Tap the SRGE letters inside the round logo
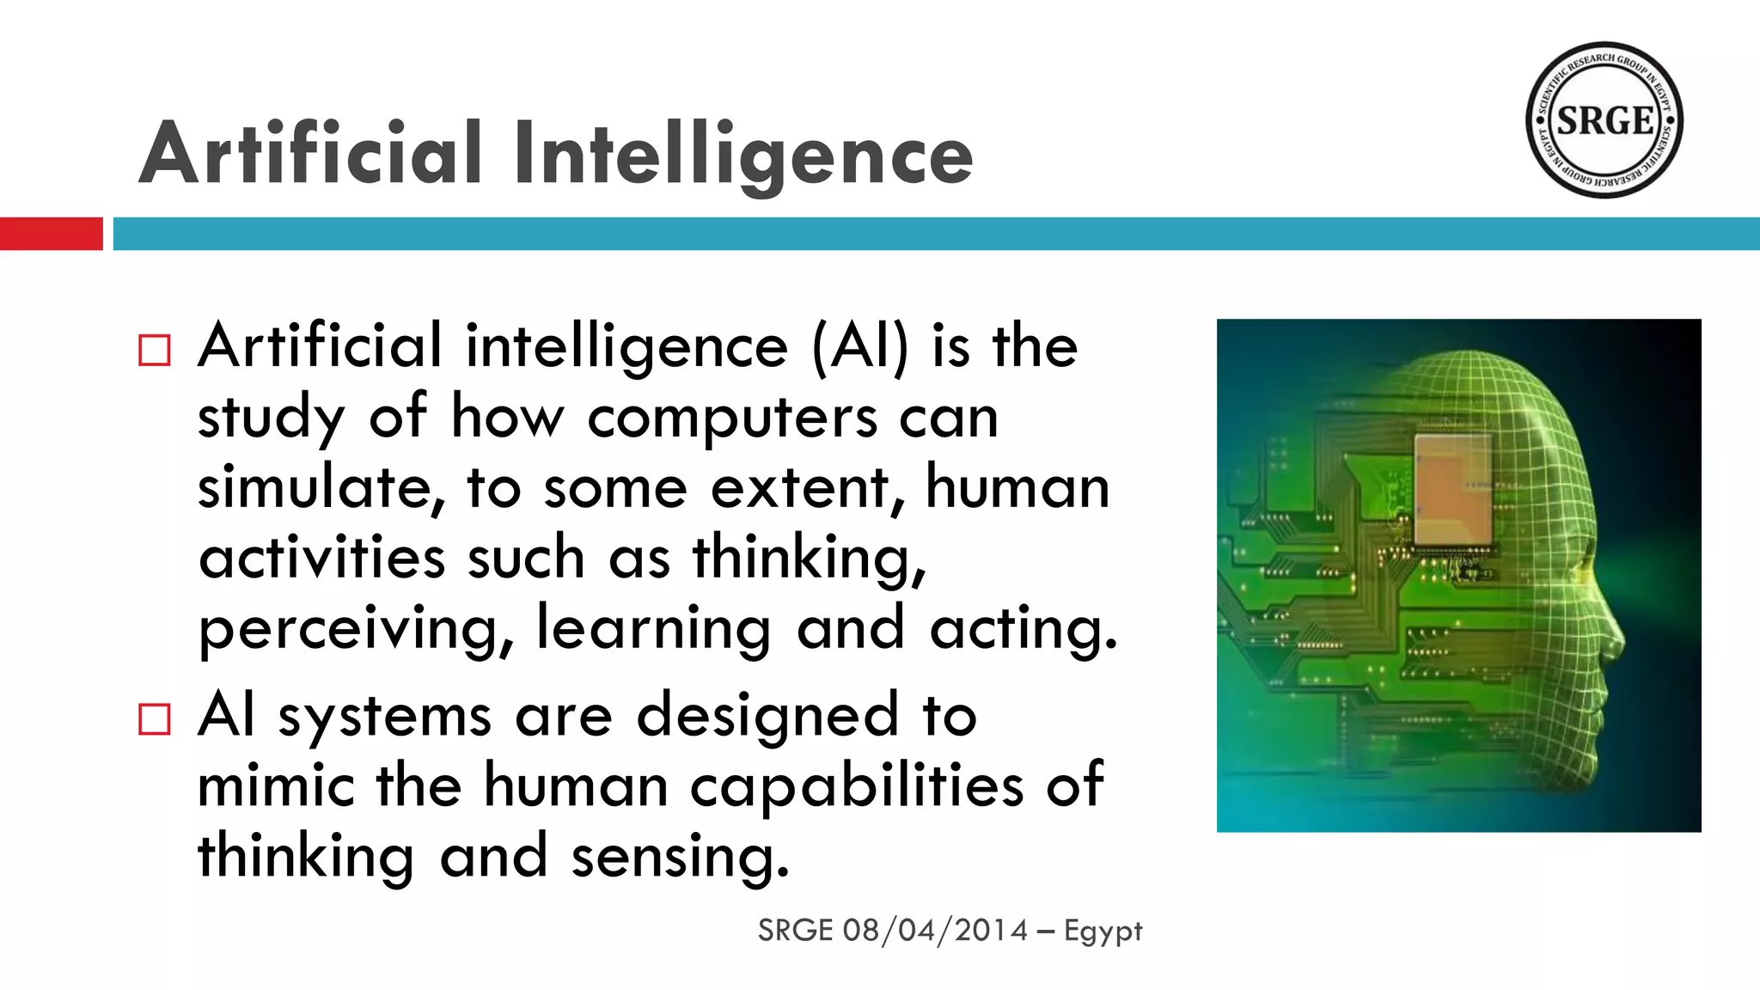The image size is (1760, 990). click(x=1604, y=121)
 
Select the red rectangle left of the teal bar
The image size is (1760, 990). click(x=51, y=234)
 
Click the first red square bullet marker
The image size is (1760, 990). click(x=155, y=351)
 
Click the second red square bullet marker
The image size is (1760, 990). click(x=155, y=719)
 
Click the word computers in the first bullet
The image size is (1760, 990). click(x=732, y=419)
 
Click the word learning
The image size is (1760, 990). click(x=653, y=629)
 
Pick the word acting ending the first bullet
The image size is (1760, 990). click(x=1023, y=629)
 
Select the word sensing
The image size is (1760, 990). click(x=679, y=858)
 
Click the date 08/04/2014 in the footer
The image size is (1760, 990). click(x=935, y=931)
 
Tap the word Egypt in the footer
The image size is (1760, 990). click(x=1103, y=932)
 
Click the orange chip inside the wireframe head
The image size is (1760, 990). click(x=1452, y=490)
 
